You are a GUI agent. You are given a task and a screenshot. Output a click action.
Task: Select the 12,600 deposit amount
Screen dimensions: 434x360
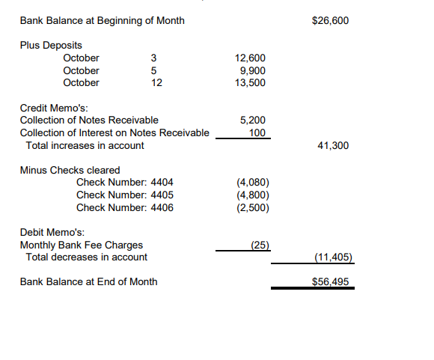(250, 58)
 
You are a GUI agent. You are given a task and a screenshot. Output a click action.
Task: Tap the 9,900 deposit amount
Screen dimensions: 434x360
(252, 70)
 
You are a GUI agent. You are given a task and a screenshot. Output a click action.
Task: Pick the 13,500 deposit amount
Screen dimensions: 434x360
(250, 82)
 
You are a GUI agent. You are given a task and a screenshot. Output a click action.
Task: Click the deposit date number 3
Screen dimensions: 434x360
(153, 58)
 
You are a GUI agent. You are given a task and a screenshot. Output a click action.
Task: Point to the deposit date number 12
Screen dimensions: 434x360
(156, 82)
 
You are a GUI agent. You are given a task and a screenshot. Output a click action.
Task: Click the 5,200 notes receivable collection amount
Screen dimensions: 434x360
(253, 120)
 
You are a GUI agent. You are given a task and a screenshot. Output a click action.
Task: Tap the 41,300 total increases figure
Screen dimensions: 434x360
(333, 145)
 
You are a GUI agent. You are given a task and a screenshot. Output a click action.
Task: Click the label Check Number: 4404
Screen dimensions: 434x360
(125, 183)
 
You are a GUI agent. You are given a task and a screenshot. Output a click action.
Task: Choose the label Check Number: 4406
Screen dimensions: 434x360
(125, 207)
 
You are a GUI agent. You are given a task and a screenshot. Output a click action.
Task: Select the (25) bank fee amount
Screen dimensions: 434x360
(260, 245)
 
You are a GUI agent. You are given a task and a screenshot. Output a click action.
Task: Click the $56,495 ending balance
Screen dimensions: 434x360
(329, 282)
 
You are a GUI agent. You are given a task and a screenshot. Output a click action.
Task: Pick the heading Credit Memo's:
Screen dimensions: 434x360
(54, 108)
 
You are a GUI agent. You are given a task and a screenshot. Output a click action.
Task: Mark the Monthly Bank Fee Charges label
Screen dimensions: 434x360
(82, 245)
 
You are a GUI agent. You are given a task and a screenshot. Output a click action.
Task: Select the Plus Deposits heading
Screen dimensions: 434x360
(51, 46)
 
